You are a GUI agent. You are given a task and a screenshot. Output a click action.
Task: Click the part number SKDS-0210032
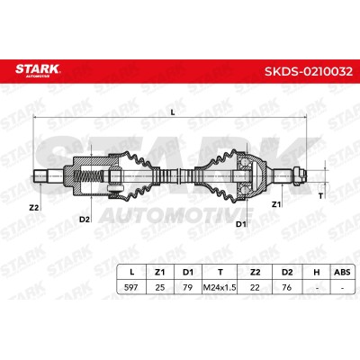tap(309, 71)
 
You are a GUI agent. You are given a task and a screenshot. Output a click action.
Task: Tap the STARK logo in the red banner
tap(38, 70)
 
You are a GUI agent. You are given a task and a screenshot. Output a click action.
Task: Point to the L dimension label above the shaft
tap(173, 112)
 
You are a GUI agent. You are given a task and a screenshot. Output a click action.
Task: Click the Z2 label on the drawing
tap(34, 207)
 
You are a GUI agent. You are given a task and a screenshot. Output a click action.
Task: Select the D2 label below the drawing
tap(85, 220)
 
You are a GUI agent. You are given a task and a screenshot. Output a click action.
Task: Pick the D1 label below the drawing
tap(240, 224)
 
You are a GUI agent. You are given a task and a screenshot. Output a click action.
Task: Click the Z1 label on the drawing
tap(276, 204)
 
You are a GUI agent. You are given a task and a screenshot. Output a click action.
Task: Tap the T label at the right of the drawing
tap(320, 196)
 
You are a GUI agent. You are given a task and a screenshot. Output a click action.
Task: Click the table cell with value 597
tap(131, 287)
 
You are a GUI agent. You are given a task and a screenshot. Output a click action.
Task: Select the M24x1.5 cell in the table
tap(220, 287)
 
